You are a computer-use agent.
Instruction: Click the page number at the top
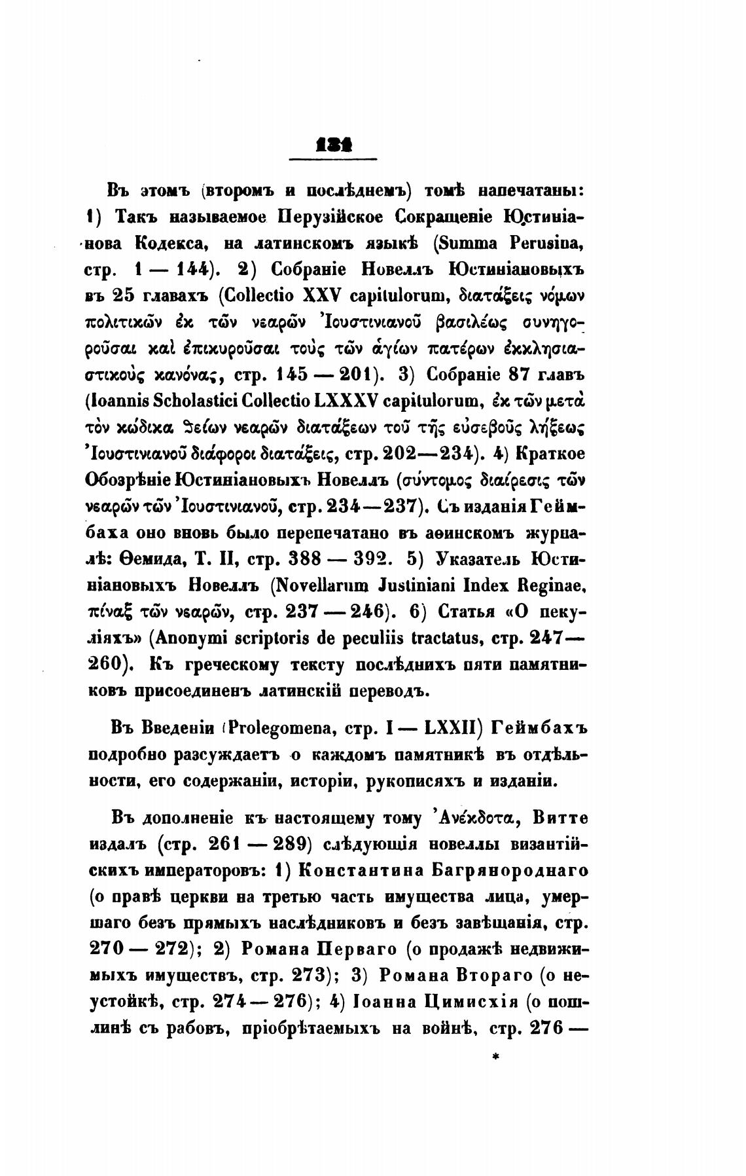tap(334, 145)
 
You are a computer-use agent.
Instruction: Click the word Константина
tap(357, 870)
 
